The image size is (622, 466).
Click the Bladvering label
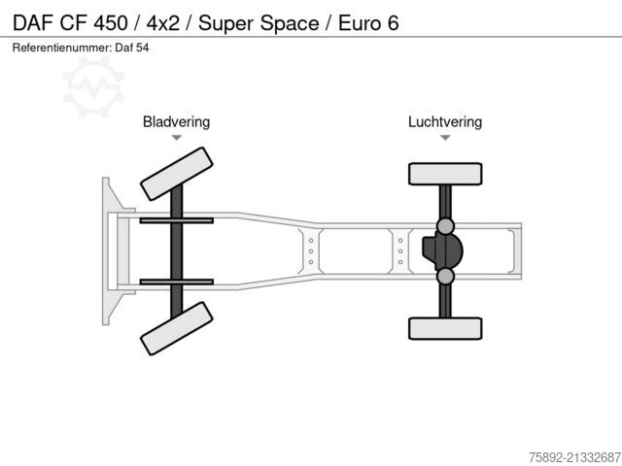(x=177, y=122)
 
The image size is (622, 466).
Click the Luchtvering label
(x=445, y=122)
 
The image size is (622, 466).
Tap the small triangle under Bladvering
(x=177, y=138)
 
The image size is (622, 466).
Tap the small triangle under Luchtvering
(x=445, y=138)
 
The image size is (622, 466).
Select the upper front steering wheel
(x=177, y=174)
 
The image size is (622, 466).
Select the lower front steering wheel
(x=177, y=328)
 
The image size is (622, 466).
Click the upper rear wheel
(x=445, y=174)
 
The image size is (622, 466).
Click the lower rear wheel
(x=445, y=328)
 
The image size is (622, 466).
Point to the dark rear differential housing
(x=442, y=251)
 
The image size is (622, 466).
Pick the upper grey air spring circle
(x=445, y=226)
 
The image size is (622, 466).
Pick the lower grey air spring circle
(x=445, y=276)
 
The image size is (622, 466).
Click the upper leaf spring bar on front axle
(x=177, y=220)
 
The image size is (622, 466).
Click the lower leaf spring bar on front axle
(x=177, y=283)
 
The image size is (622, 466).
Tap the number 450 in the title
(x=111, y=23)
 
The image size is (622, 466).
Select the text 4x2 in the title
(x=162, y=23)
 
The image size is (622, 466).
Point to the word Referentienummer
(x=61, y=48)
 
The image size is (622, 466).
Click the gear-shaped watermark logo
(x=94, y=87)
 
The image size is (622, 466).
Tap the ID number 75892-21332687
(x=574, y=457)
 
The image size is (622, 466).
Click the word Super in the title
(x=226, y=23)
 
